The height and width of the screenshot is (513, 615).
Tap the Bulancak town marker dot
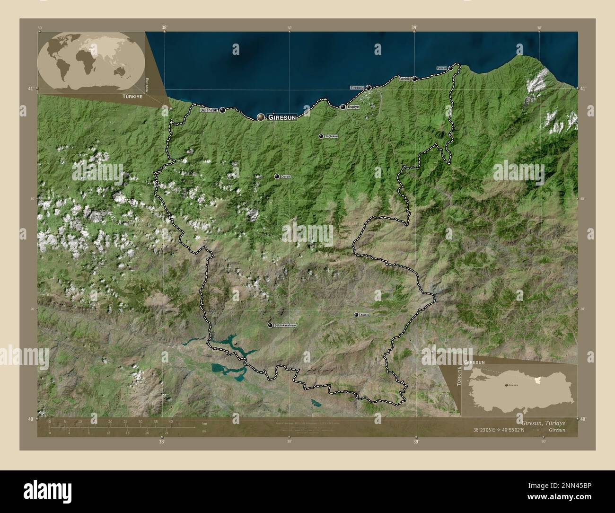click(x=222, y=110)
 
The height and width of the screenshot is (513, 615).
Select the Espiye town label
click(x=353, y=107)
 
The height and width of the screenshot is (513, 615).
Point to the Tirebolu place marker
click(x=368, y=88)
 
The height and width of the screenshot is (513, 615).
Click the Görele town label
click(x=404, y=79)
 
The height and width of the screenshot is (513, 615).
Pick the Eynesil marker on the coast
click(x=450, y=68)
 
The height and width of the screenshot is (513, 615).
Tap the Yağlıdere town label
click(x=332, y=136)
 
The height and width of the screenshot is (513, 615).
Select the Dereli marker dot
click(x=277, y=177)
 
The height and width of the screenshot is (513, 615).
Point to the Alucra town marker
click(x=356, y=314)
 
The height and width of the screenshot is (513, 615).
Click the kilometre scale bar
click(x=122, y=426)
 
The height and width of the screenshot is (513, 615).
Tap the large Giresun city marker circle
click(x=261, y=117)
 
